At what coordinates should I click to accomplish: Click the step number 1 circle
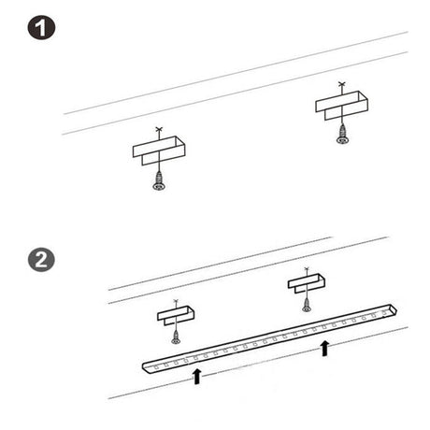tap(41, 27)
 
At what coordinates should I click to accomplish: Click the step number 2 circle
tap(41, 260)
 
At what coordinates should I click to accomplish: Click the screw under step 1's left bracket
tap(159, 180)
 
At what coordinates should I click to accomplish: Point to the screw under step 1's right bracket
tap(342, 135)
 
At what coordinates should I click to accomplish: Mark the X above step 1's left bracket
tap(159, 129)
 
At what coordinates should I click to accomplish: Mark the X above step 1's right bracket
tap(342, 83)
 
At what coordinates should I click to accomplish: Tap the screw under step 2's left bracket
tap(176, 337)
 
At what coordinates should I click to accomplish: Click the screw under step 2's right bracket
tap(307, 306)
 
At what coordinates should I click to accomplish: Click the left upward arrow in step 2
tap(196, 377)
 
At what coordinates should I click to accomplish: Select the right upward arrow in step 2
tap(324, 348)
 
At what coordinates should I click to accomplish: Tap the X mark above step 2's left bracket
tap(176, 301)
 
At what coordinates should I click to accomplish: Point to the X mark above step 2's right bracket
tap(307, 268)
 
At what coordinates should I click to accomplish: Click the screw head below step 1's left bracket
tap(159, 186)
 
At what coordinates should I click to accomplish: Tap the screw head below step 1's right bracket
tap(342, 140)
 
